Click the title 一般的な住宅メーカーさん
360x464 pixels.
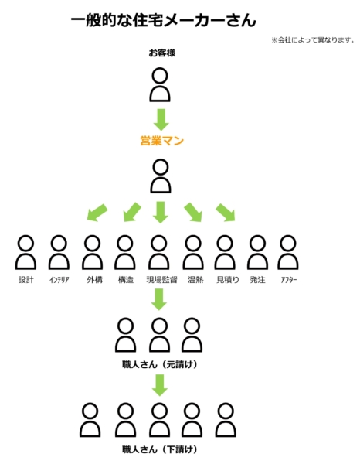163,21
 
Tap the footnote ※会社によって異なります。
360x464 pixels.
313,40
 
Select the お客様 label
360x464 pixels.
162,53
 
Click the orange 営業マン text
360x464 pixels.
162,141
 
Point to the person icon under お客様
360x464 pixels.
160,85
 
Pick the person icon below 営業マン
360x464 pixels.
161,176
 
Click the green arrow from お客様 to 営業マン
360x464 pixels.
161,120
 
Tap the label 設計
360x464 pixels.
25,280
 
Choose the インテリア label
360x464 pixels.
59,280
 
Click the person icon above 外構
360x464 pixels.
92,252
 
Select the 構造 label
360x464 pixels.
126,280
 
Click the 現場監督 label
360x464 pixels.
161,280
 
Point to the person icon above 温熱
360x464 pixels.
193,252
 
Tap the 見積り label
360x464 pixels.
228,280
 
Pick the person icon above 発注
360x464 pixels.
257,252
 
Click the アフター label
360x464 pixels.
289,280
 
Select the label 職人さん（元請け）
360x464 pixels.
160,364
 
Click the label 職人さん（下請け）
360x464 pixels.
160,449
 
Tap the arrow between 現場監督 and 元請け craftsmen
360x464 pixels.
159,299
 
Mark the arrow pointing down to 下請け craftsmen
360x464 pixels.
160,385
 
